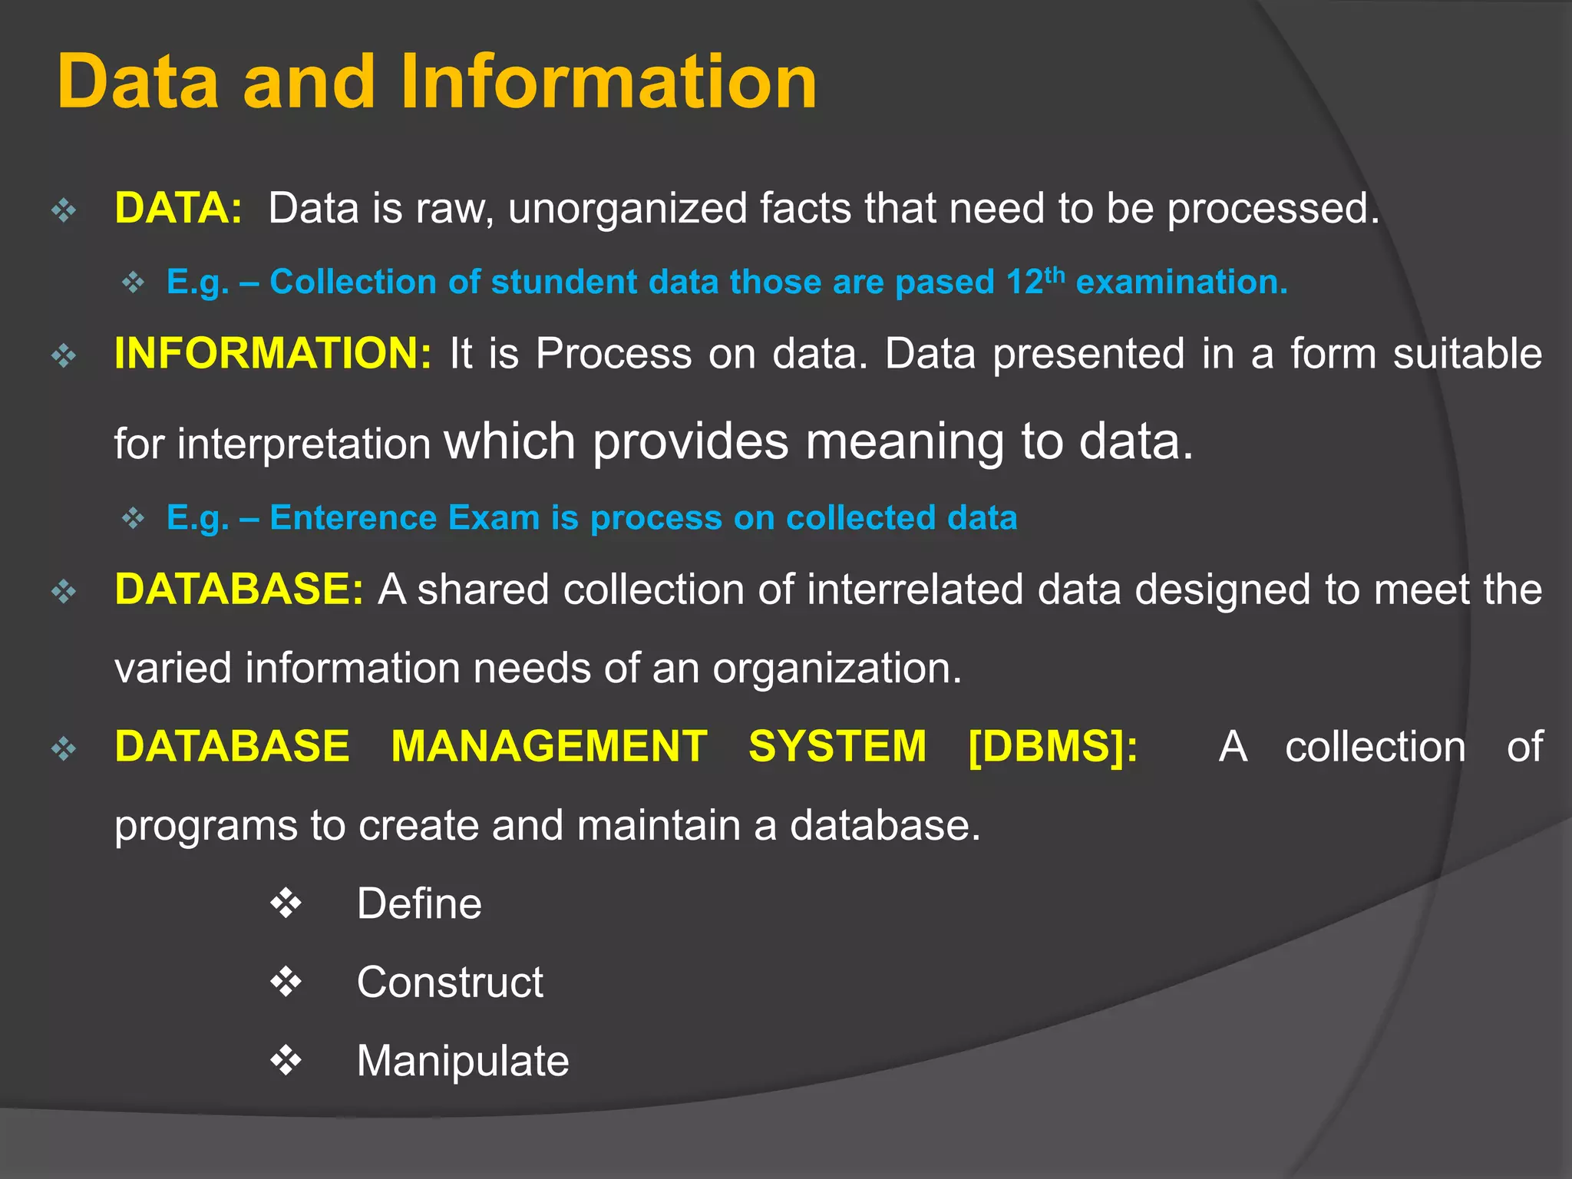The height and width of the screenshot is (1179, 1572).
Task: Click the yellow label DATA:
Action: (x=178, y=209)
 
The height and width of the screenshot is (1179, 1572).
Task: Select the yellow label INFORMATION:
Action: (x=272, y=354)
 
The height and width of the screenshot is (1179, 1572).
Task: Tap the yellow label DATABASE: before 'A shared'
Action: (x=238, y=589)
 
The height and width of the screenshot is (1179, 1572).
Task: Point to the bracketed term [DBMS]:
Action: (x=1053, y=747)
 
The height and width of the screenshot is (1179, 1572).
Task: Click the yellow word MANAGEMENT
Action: (x=549, y=747)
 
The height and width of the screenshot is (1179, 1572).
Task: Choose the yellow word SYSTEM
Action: (x=837, y=747)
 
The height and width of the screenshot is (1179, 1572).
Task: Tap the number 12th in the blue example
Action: (x=1035, y=281)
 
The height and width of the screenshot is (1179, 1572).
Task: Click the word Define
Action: (x=419, y=903)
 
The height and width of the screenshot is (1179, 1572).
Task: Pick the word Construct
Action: (x=450, y=982)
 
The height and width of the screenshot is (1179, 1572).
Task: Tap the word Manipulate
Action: (x=463, y=1061)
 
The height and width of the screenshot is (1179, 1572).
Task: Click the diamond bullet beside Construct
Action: (x=286, y=982)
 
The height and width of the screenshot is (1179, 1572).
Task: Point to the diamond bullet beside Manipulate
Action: (x=286, y=1060)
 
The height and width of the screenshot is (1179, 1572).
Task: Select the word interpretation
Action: (x=304, y=444)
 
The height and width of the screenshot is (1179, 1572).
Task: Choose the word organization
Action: (x=837, y=669)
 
